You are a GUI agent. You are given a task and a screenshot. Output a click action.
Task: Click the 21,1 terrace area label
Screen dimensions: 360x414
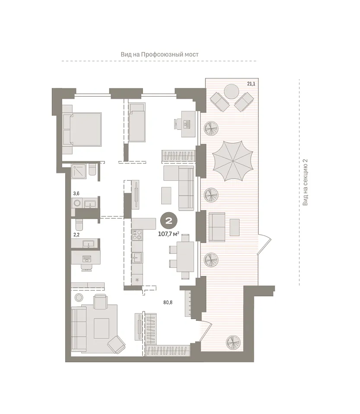251,84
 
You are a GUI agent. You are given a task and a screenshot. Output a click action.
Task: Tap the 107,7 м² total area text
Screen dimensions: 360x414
169,234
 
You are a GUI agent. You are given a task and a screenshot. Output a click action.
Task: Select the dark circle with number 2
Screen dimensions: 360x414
169,221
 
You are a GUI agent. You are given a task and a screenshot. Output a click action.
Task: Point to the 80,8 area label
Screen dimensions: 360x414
168,302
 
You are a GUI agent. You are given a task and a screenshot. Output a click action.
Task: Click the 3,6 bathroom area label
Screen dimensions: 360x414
76,194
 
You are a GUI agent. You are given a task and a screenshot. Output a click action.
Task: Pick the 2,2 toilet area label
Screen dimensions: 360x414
76,235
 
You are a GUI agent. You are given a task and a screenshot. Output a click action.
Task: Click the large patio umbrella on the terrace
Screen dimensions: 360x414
233,161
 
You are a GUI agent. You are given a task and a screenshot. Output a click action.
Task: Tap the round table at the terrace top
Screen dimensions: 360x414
231,91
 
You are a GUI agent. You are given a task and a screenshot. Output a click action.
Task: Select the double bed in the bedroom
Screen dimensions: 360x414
82,129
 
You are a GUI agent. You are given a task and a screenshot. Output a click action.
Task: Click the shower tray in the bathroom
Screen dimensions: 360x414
79,171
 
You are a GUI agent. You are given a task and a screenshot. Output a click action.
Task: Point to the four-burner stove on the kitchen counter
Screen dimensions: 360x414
137,235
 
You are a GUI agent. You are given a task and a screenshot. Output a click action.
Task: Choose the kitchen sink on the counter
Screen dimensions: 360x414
137,257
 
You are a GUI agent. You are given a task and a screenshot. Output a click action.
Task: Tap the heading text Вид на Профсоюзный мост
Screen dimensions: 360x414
160,55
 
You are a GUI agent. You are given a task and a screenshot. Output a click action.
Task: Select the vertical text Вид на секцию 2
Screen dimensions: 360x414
305,182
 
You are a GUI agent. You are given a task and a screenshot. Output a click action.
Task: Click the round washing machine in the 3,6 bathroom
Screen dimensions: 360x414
77,203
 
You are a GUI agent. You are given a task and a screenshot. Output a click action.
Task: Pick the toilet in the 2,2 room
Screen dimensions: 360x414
79,225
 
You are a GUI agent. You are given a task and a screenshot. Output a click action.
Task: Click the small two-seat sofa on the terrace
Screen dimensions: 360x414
217,227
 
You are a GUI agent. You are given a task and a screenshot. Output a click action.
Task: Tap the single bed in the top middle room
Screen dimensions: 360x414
137,122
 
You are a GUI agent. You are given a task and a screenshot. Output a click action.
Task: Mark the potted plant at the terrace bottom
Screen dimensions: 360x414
234,342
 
